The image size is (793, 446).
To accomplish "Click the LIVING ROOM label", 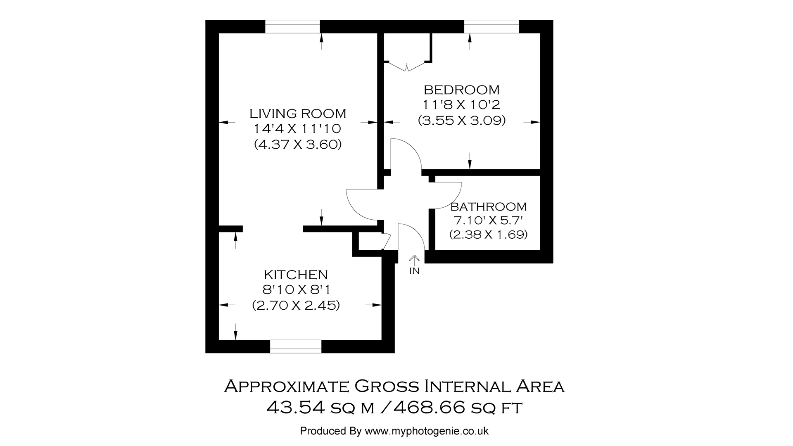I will click(x=297, y=113).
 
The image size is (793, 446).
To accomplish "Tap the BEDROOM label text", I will click(x=461, y=90).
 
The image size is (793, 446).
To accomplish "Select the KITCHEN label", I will click(x=296, y=275).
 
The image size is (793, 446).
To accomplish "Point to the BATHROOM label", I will click(x=488, y=206).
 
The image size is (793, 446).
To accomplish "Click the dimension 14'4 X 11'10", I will click(x=297, y=129).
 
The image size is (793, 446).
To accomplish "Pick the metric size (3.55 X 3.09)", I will click(x=461, y=121).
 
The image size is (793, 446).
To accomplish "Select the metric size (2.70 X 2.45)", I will click(x=296, y=306).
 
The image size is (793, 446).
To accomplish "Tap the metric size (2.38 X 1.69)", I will click(x=488, y=235).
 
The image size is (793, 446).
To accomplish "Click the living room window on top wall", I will click(x=292, y=27).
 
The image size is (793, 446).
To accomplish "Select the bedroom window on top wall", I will click(x=491, y=27).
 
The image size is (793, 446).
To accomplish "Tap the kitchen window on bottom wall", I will click(x=296, y=346).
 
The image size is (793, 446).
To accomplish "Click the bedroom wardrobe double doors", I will click(x=407, y=66).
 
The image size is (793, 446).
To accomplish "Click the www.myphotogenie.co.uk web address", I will click(x=427, y=431).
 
